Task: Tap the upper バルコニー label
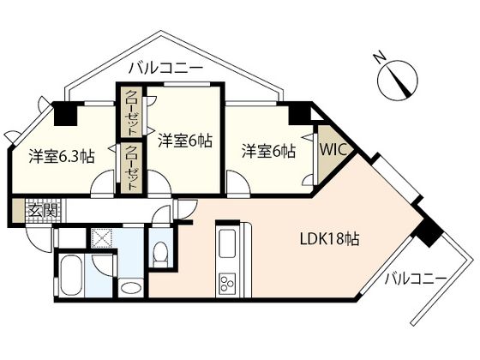[165, 67]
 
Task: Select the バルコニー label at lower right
[415, 279]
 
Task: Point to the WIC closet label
[332, 149]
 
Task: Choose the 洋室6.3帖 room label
[61, 157]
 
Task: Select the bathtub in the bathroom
[69, 279]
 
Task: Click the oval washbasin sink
[130, 287]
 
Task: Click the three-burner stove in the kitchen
[230, 283]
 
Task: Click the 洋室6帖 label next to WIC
[268, 152]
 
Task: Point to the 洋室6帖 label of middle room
[184, 139]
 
